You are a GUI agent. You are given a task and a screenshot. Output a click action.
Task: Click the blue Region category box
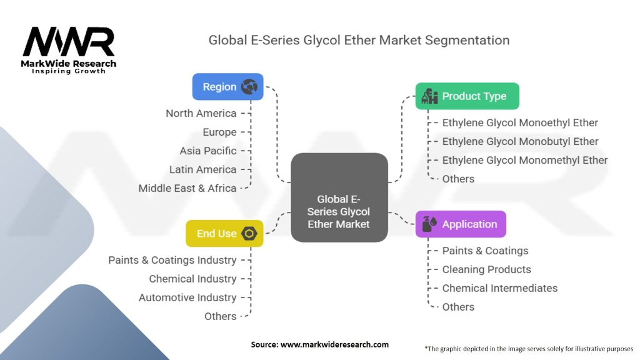point(227,87)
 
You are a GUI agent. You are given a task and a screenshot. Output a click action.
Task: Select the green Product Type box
point(467,96)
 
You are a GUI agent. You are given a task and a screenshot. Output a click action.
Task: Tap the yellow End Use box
point(224,233)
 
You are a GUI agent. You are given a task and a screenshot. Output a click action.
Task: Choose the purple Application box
point(461,224)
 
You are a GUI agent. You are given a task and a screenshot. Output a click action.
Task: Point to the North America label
point(201,113)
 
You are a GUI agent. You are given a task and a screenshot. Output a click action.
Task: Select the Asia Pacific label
point(207,151)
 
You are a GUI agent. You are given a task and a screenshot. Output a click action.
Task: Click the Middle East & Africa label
point(187,188)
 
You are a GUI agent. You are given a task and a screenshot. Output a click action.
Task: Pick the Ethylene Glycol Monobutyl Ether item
point(520,141)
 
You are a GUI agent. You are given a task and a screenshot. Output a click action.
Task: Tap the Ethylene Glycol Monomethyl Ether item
point(524,160)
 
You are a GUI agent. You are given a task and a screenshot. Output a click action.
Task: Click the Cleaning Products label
point(486,269)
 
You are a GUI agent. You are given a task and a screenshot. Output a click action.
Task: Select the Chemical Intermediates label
point(499,288)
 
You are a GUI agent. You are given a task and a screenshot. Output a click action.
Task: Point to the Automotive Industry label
point(187,297)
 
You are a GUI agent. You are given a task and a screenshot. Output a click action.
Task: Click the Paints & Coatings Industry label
point(172,260)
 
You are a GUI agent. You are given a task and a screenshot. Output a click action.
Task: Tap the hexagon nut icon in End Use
point(249,234)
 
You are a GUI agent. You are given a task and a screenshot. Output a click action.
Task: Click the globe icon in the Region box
point(249,87)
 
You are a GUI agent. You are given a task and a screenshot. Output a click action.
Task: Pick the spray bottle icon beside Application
point(429,224)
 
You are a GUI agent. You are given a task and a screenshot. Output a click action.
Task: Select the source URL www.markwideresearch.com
point(335,344)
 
